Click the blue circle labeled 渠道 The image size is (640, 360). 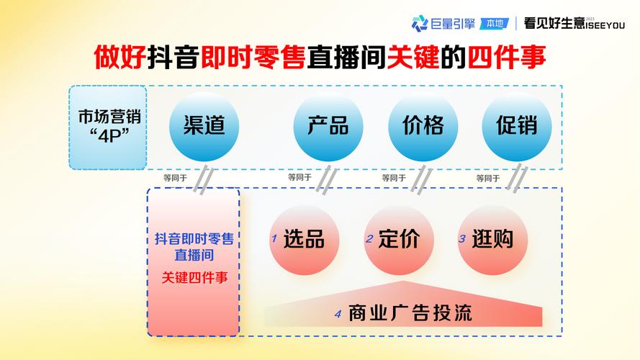click(x=204, y=126)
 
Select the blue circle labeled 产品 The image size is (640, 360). click(x=328, y=126)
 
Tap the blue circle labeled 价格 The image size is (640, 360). click(x=423, y=126)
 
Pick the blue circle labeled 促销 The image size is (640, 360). click(x=516, y=126)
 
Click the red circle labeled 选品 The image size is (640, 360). click(x=303, y=239)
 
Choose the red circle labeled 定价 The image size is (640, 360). click(x=398, y=239)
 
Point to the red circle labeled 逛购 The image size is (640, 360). click(x=492, y=239)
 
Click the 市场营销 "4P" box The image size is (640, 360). click(x=108, y=127)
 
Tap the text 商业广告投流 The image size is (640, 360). click(x=410, y=313)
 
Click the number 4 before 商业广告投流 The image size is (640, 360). click(x=337, y=314)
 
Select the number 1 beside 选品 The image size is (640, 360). click(x=274, y=238)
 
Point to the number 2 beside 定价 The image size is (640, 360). click(x=369, y=238)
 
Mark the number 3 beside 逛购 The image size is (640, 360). click(x=462, y=238)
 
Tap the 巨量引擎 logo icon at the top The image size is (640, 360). click(x=420, y=23)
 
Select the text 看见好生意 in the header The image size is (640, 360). click(x=554, y=23)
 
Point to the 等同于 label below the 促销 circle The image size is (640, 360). click(x=487, y=177)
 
